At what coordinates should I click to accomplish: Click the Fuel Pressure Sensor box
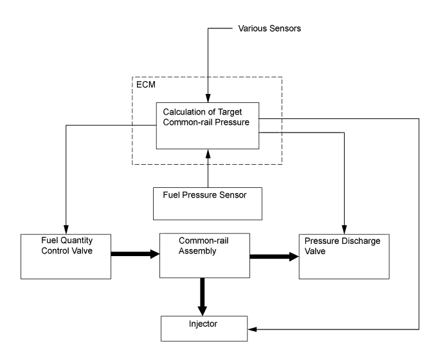208,203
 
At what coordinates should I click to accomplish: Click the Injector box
204,329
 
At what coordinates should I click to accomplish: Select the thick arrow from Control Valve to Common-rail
135,254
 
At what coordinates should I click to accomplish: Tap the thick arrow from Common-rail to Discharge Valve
275,257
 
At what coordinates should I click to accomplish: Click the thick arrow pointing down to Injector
204,297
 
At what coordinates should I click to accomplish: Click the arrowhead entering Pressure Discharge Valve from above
345,231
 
